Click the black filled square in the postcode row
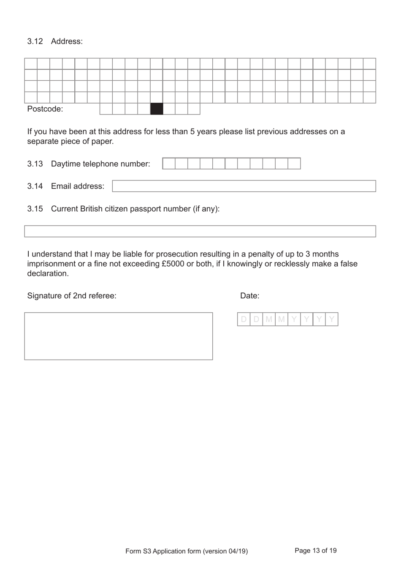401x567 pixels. (157, 109)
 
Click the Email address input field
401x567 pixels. (244, 186)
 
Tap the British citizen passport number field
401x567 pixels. (200, 232)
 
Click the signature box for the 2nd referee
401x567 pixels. (118, 336)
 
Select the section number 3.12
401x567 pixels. (35, 41)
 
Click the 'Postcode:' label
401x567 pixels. (45, 109)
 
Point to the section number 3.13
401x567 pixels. (35, 164)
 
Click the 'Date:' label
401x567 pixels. (249, 296)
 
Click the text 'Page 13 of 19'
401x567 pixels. (315, 551)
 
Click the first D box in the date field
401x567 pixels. (244, 319)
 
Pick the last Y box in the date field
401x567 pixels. (332, 319)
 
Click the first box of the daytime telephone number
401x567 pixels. (169, 164)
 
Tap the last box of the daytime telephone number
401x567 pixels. (294, 164)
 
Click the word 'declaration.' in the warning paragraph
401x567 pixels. (48, 274)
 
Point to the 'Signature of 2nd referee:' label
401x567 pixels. (72, 296)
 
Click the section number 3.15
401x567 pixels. (35, 209)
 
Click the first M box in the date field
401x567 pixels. (269, 319)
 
